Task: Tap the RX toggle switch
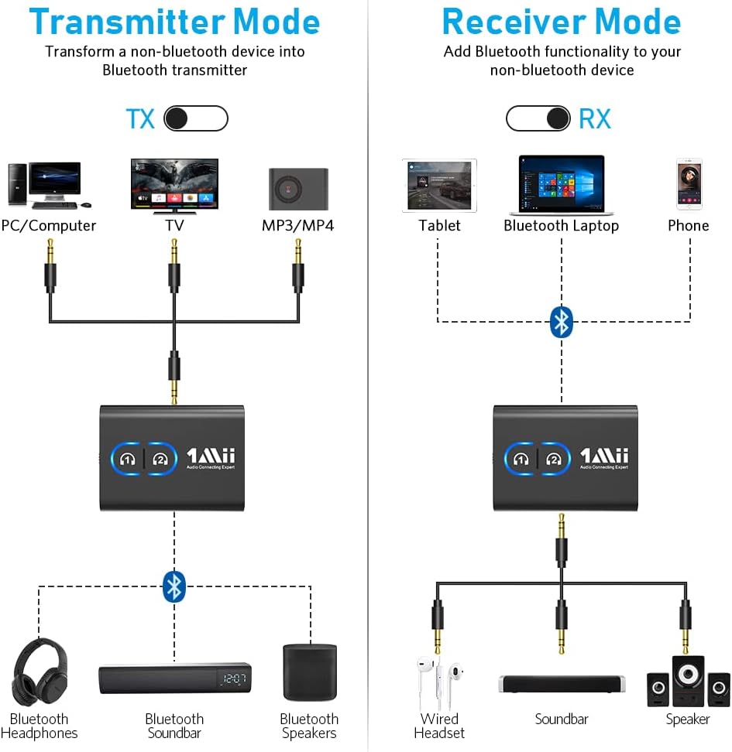[x=538, y=118]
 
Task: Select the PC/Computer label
[x=49, y=226]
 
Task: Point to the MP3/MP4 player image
[x=298, y=188]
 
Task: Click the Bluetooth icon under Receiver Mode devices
[x=561, y=322]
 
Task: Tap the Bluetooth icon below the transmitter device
[x=174, y=586]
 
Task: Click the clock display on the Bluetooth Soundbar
[x=232, y=679]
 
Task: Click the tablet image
[x=439, y=186]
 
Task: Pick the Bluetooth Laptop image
[x=561, y=185]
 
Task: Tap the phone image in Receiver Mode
[x=689, y=184]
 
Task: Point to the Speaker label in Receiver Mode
[x=687, y=720]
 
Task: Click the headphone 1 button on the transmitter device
[x=128, y=458]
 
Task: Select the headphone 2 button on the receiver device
[x=553, y=458]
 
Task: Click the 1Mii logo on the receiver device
[x=604, y=456]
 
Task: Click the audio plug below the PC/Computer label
[x=50, y=267]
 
